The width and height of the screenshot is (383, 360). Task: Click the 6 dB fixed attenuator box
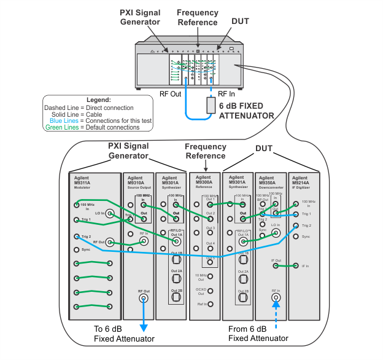point(212,105)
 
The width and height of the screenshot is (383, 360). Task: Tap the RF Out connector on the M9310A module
point(144,299)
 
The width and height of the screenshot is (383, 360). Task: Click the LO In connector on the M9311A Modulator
point(110,213)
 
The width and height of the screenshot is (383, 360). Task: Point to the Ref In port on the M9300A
point(211,303)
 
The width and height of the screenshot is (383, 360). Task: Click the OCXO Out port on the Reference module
point(211,290)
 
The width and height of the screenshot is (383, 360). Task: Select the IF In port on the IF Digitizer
point(296,266)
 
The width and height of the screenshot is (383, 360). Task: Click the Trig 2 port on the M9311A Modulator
point(76,237)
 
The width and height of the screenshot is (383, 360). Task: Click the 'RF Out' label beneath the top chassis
point(170,94)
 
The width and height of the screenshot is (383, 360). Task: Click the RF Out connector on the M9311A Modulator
point(110,242)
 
